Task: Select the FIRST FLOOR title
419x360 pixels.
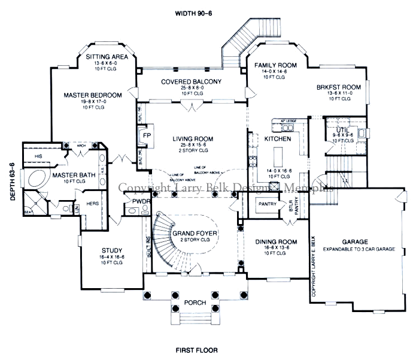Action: pyautogui.click(x=196, y=349)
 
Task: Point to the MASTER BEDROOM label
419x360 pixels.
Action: pyautogui.click(x=93, y=95)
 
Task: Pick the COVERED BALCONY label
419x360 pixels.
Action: pyautogui.click(x=191, y=81)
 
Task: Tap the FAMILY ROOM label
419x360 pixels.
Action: pyautogui.click(x=276, y=65)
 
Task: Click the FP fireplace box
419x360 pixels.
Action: pyautogui.click(x=145, y=135)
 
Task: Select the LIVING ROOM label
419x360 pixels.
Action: pyautogui.click(x=193, y=139)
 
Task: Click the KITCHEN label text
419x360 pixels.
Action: pyautogui.click(x=277, y=138)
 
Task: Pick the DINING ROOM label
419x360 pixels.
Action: pyautogui.click(x=272, y=241)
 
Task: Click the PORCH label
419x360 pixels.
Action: pyautogui.click(x=195, y=302)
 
